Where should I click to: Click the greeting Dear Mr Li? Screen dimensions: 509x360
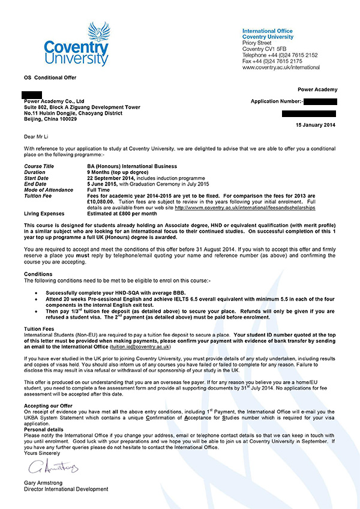(38, 137)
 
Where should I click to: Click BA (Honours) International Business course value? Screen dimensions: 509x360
(132, 166)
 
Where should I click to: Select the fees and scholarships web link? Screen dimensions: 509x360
(245, 208)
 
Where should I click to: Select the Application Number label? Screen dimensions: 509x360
(276, 102)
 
